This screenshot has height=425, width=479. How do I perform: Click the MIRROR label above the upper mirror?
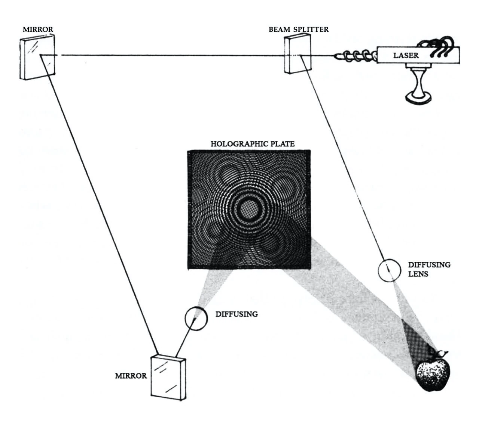[38, 29]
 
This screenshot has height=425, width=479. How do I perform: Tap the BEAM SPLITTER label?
[298, 29]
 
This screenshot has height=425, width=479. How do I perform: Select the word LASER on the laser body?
[406, 56]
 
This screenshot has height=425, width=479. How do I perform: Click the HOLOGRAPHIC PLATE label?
[253, 144]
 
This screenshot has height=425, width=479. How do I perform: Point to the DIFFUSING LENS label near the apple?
[429, 269]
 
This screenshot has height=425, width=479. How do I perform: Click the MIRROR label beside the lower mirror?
[131, 376]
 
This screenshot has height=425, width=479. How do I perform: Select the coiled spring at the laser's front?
[356, 56]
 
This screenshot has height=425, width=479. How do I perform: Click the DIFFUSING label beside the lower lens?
[237, 314]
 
